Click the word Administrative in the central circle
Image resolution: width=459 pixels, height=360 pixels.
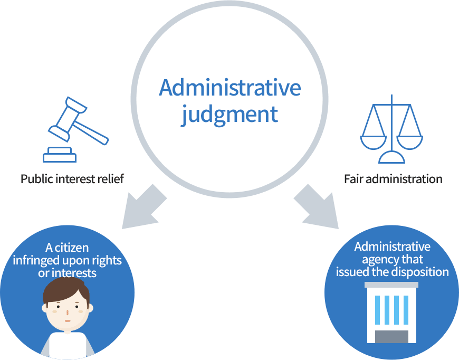click(x=230, y=88)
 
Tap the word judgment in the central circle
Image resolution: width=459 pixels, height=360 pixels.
click(x=230, y=115)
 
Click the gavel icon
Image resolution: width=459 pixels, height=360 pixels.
click(x=77, y=127)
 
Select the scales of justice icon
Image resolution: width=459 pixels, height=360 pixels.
click(x=391, y=129)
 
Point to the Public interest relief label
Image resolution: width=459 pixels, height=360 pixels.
click(x=72, y=179)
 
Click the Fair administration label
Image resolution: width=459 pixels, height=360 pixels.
click(x=393, y=179)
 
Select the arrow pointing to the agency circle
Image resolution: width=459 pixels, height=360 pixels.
click(x=317, y=207)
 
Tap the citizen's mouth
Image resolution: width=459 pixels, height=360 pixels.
click(x=67, y=320)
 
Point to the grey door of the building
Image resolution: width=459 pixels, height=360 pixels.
click(x=391, y=336)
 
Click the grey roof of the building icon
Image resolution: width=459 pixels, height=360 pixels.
click(x=391, y=285)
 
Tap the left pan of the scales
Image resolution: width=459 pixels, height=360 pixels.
click(x=372, y=141)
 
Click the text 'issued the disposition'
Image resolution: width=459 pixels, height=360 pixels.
click(x=392, y=272)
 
